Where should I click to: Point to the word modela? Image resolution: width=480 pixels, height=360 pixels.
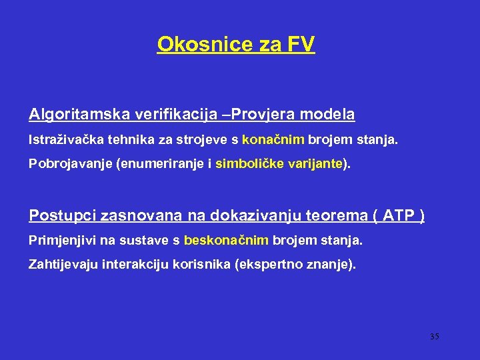(327, 115)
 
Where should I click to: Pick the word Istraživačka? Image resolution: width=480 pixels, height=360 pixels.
(60, 140)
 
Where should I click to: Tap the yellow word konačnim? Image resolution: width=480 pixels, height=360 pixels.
(273, 140)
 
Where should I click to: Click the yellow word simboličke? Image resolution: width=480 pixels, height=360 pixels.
(249, 164)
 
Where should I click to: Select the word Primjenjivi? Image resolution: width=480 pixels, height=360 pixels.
(58, 240)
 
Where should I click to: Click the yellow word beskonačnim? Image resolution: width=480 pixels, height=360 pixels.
(227, 240)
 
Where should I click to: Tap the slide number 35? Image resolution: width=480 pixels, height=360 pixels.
(434, 337)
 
